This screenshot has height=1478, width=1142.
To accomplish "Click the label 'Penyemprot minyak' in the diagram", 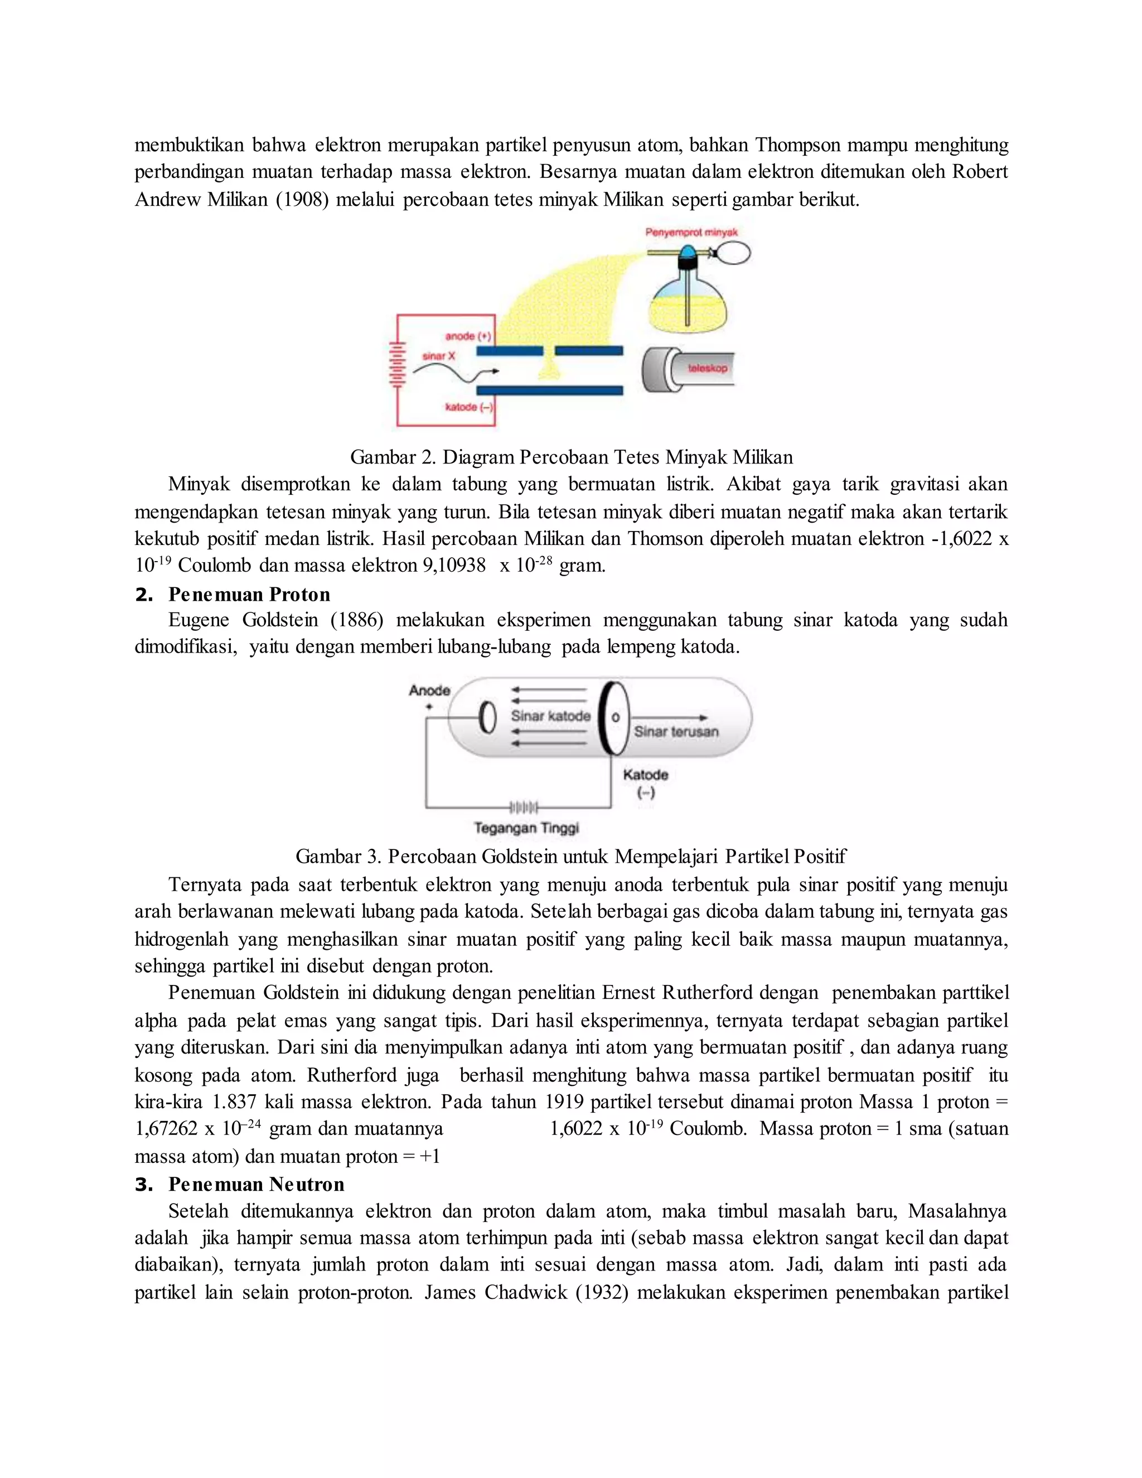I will [x=691, y=233].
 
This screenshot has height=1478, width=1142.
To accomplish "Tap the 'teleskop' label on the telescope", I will [x=707, y=368].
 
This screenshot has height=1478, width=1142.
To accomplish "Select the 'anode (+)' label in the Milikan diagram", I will [x=467, y=336].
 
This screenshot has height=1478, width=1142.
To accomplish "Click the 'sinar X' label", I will [x=438, y=356].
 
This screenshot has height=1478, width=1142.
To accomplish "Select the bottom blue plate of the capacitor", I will [x=549, y=390].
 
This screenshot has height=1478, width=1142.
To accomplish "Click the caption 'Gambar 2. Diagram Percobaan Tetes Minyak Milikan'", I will [x=571, y=457].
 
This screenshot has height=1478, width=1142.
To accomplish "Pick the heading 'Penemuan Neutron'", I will [x=256, y=1184].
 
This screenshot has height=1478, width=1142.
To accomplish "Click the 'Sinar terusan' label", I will [x=676, y=732].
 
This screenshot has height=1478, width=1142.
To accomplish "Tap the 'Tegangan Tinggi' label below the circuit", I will [x=526, y=828].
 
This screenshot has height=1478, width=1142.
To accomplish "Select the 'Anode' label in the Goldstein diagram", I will [x=429, y=690].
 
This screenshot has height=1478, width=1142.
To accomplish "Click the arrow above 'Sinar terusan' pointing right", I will [x=670, y=717].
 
